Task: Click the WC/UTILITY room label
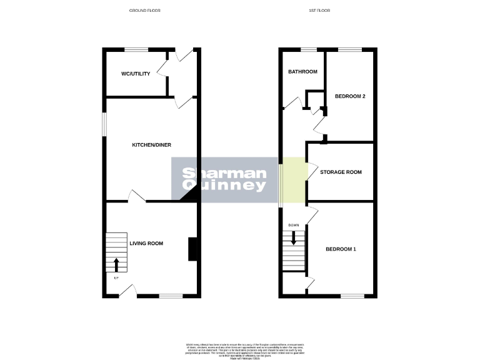(x=136, y=74)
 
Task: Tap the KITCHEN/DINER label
(x=151, y=145)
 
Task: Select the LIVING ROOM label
(x=146, y=243)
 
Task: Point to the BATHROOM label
(x=302, y=72)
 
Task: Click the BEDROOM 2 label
(x=350, y=96)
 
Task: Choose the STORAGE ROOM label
(x=341, y=172)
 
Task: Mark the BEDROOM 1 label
(x=341, y=249)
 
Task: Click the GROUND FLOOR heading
(x=145, y=11)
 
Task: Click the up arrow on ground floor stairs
(x=116, y=264)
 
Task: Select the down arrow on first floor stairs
(x=293, y=238)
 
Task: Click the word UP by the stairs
(x=116, y=278)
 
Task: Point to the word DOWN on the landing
(x=293, y=225)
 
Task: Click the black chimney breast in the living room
(x=193, y=249)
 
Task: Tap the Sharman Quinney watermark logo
(x=224, y=179)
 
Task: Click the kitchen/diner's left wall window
(x=104, y=123)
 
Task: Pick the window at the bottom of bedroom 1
(x=352, y=295)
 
